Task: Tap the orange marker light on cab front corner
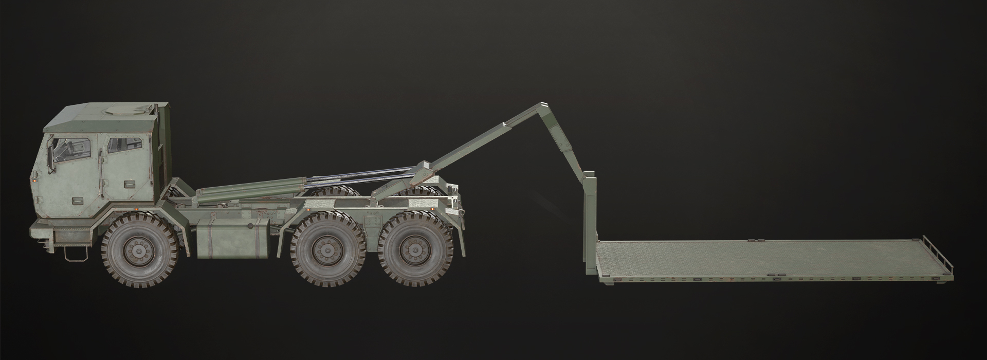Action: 34,181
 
